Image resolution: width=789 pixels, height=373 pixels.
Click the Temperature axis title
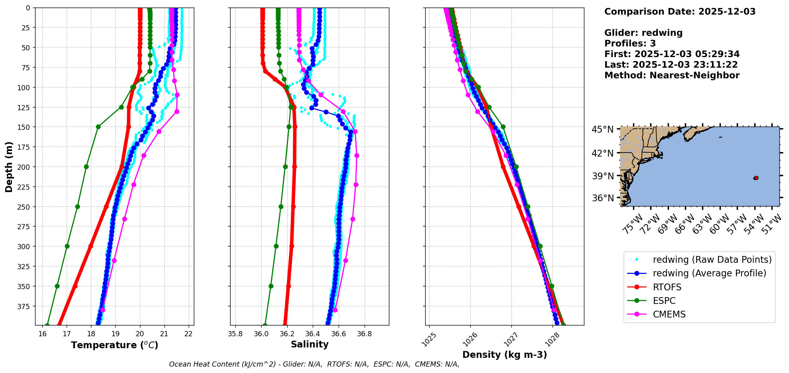pos(114,345)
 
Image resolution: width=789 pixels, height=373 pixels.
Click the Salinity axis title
pos(310,344)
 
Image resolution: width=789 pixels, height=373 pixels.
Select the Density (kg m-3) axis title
pos(505,355)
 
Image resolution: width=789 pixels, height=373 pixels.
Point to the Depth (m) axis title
pos(9,167)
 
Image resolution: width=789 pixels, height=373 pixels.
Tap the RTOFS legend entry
pos(667,287)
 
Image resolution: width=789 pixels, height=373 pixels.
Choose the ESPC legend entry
pos(664,301)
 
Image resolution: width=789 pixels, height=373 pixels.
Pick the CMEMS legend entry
pos(669,314)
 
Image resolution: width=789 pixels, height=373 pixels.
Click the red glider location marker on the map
pos(756,178)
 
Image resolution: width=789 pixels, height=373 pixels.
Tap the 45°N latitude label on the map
pos(602,130)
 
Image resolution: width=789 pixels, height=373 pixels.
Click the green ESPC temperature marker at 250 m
pos(77,206)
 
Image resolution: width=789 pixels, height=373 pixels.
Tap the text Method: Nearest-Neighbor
pos(672,75)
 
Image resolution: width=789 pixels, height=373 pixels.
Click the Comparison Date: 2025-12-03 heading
pos(680,12)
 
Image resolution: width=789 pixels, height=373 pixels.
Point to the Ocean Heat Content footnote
pos(314,364)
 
